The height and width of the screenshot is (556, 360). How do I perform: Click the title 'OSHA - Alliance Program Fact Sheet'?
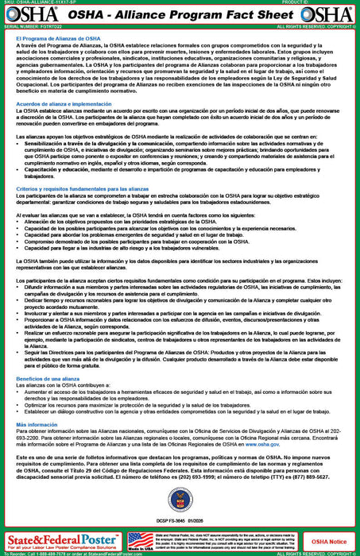[180, 15]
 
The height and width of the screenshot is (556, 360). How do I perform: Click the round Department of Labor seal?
[180, 500]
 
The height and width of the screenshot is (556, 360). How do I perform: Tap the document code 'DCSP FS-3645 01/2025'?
[180, 521]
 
